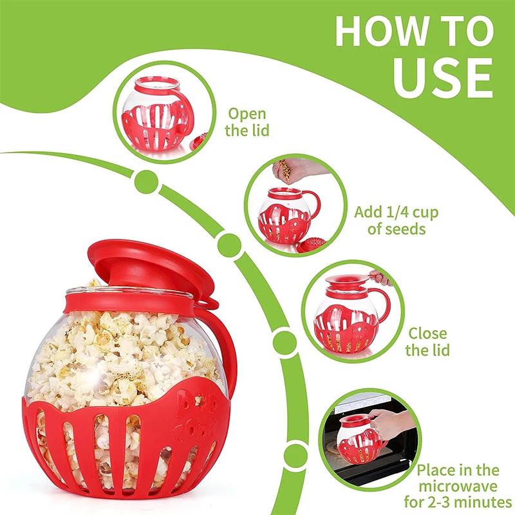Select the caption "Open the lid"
coord(248,122)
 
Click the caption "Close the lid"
coord(427,342)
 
